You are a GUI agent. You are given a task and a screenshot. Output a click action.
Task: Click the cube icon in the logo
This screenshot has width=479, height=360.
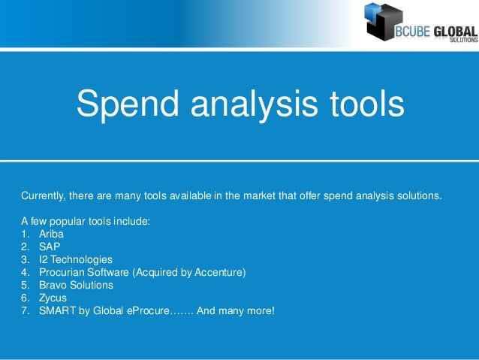[x=383, y=20]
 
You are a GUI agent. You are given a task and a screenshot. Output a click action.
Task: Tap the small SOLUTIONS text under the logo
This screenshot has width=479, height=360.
[x=463, y=41]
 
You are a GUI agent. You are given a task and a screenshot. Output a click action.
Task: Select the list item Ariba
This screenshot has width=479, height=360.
[x=52, y=234]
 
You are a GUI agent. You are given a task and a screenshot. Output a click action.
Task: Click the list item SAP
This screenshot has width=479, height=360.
[x=50, y=247]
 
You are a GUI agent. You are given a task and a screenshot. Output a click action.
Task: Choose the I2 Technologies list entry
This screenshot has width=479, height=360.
[x=76, y=259]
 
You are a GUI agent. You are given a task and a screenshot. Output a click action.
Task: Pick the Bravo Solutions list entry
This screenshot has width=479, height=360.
[x=76, y=285]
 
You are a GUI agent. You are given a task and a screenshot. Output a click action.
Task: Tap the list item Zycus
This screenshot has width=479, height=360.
[x=53, y=298]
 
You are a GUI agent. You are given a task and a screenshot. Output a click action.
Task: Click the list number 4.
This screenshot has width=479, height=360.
[x=25, y=272]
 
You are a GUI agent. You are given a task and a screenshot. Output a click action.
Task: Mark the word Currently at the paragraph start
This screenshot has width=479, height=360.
[x=43, y=196]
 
